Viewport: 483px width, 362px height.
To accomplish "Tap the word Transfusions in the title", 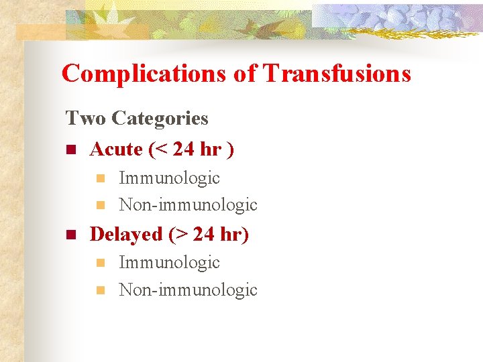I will click(x=337, y=73).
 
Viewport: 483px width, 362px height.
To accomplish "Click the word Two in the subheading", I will click(x=85, y=119).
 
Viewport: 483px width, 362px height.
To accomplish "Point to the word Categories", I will click(x=160, y=119).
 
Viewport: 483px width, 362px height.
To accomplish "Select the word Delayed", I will click(x=126, y=234).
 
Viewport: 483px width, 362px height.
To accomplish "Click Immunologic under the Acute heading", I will click(x=169, y=178).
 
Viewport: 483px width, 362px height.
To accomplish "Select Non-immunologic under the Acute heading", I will click(x=188, y=204).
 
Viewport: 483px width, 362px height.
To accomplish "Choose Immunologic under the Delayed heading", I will click(x=169, y=262).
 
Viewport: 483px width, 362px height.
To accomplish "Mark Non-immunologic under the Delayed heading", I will click(x=188, y=290).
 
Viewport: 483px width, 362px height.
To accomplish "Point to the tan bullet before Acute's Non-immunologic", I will click(x=101, y=204).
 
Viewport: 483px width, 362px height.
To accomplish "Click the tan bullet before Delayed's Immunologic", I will click(x=101, y=263).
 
